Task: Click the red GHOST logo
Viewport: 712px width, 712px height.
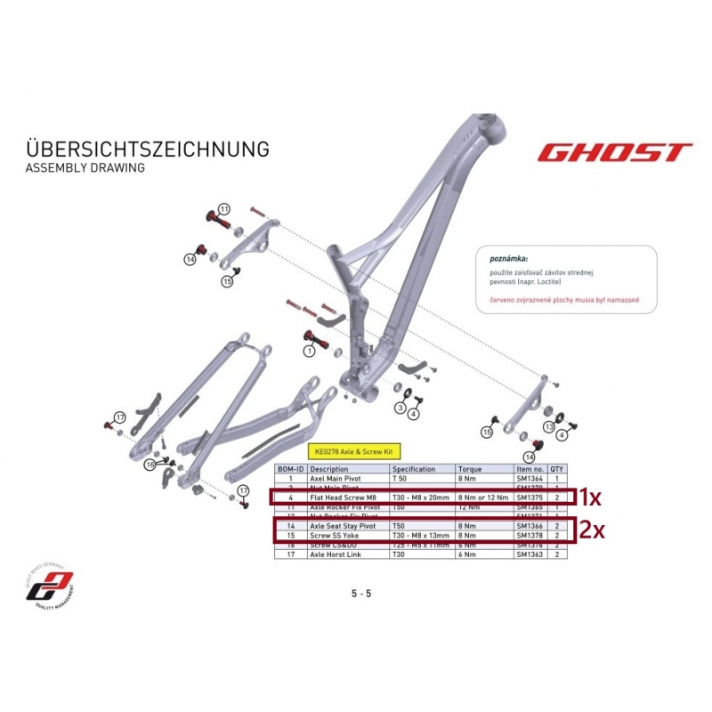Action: (x=613, y=152)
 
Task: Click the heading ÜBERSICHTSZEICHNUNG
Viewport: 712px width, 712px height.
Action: (x=148, y=148)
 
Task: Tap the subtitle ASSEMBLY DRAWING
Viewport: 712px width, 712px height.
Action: (x=85, y=167)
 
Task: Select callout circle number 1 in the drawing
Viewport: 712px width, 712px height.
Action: (x=310, y=351)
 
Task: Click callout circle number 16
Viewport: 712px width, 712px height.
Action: (x=150, y=465)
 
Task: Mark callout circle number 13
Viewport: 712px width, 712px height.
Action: (x=549, y=428)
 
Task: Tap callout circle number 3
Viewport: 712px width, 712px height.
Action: (x=401, y=409)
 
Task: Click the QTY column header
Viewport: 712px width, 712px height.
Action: (x=556, y=469)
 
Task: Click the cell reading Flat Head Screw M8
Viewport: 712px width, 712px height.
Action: (x=340, y=497)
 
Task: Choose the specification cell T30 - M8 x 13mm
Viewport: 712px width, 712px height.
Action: (x=421, y=536)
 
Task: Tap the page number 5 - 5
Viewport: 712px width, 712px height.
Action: (x=361, y=593)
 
